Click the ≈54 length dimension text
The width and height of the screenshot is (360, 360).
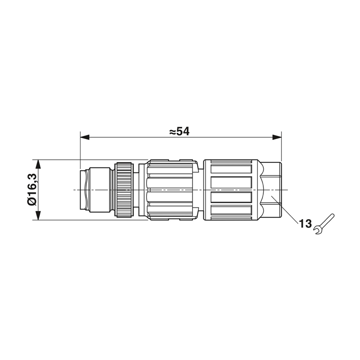pos(179,132)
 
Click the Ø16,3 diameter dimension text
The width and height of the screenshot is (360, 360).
pos(32,189)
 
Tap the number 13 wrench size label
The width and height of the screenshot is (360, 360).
pos(305,223)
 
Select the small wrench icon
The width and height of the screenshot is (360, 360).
pos(324,224)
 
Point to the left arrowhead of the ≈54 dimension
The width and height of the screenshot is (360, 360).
pos(85,137)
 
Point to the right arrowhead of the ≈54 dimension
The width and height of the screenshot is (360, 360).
pos(277,137)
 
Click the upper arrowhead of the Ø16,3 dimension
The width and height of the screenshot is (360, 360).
pos(38,164)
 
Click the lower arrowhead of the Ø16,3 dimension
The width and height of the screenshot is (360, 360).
pos(38,216)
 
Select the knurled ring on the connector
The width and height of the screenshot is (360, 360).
pos(124,189)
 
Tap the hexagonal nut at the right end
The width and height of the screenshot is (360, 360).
pos(273,189)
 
